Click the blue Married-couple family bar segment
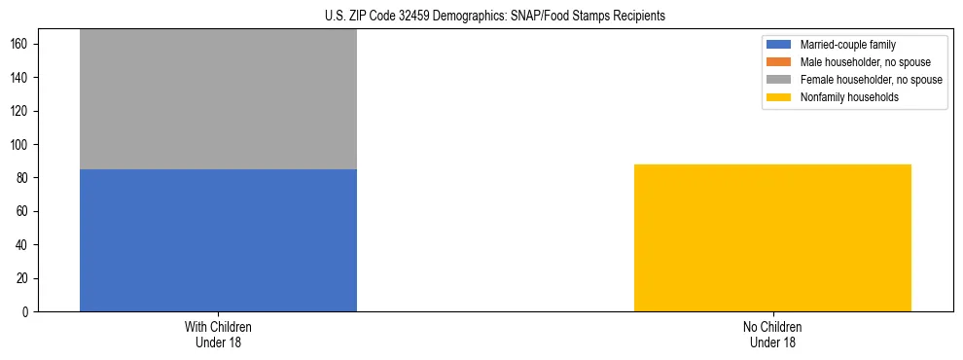click(x=218, y=240)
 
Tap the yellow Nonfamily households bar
click(x=772, y=237)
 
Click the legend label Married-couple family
click(x=847, y=45)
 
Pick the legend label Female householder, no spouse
click(x=871, y=80)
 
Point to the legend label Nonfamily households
click(x=842, y=97)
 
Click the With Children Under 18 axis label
click(x=218, y=334)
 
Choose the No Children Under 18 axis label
click(x=772, y=334)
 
